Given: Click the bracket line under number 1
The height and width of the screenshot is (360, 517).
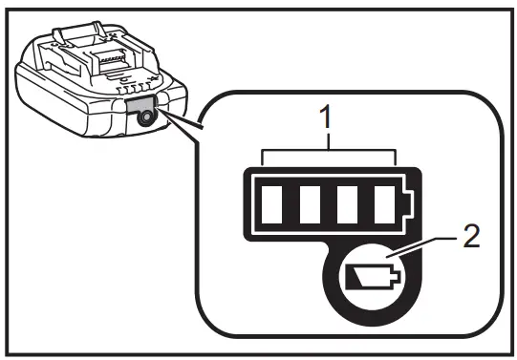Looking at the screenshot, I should (330, 149).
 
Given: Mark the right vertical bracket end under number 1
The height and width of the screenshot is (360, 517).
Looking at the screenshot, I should (397, 156).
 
